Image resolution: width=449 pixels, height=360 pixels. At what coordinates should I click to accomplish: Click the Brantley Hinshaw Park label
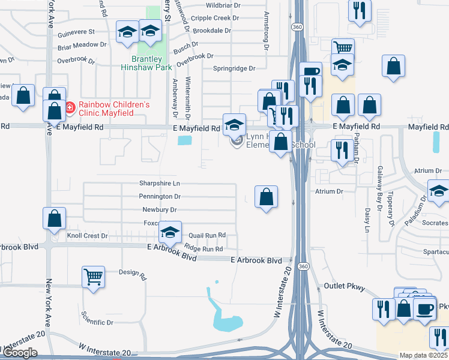[148, 63]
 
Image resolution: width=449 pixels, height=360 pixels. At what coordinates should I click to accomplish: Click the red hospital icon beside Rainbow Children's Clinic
[70, 108]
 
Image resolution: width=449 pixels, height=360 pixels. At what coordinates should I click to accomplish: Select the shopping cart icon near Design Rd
[94, 277]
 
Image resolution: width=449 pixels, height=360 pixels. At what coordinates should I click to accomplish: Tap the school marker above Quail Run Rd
[170, 232]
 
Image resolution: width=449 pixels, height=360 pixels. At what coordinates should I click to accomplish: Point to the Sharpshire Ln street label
[160, 183]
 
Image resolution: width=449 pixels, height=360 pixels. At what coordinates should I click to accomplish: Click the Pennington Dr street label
[160, 196]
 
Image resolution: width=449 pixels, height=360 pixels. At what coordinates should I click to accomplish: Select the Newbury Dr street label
[160, 210]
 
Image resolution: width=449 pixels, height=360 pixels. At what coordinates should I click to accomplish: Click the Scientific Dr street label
[97, 322]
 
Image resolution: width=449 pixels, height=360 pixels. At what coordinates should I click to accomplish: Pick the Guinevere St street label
[76, 31]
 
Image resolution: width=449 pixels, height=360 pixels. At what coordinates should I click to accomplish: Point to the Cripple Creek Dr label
[210, 18]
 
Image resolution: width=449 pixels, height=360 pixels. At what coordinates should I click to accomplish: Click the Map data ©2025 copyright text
[424, 355]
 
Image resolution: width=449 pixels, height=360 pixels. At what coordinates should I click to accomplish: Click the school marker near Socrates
[439, 193]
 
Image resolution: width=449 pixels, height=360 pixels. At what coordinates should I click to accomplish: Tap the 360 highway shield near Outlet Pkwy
[304, 266]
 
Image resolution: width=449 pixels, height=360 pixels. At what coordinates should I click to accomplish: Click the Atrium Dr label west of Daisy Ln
[329, 191]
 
